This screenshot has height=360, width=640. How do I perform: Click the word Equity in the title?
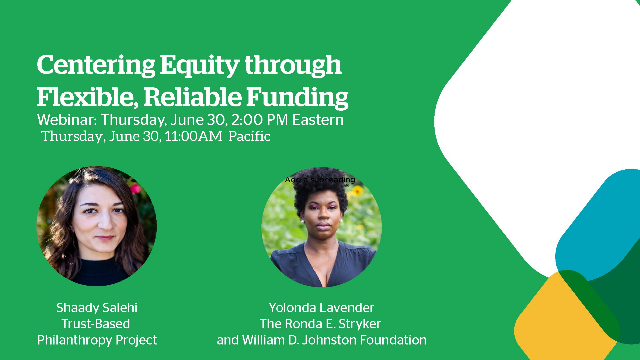pyautogui.click(x=199, y=65)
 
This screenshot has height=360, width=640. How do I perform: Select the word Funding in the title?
pyautogui.click(x=297, y=97)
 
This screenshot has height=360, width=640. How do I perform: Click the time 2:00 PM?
pyautogui.click(x=259, y=120)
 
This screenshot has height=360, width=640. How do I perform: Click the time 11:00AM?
pyautogui.click(x=193, y=136)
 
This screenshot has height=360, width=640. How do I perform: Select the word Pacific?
pyautogui.click(x=249, y=136)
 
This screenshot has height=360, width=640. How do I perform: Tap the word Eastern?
pyautogui.click(x=318, y=120)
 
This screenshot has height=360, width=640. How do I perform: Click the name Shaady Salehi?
pyautogui.click(x=97, y=308)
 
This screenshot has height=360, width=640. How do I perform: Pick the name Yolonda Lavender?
pyautogui.click(x=321, y=308)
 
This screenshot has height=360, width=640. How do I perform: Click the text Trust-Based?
pyautogui.click(x=96, y=324)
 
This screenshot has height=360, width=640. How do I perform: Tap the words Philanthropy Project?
pyautogui.click(x=97, y=340)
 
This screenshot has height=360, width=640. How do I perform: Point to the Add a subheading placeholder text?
pyautogui.click(x=320, y=180)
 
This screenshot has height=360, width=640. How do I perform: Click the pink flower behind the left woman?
pyautogui.click(x=135, y=189)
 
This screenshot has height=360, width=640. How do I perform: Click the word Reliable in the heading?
pyautogui.click(x=192, y=97)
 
